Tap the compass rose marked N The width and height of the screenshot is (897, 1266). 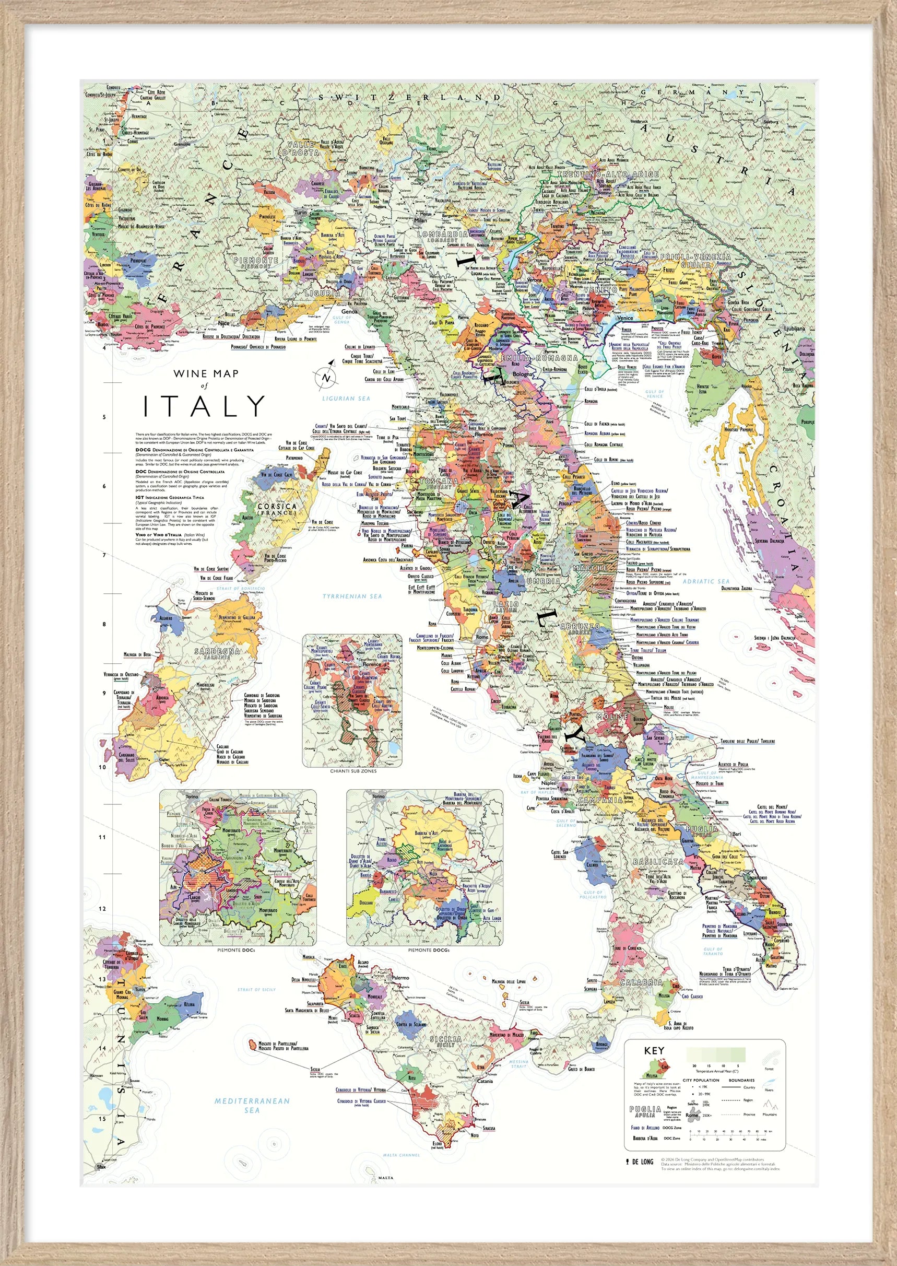(x=325, y=378)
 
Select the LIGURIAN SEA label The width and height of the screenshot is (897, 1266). (x=346, y=398)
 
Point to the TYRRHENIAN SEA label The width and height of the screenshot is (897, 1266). (x=352, y=596)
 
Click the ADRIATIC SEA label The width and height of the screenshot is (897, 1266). (x=706, y=581)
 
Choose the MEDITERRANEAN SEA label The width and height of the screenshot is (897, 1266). (x=252, y=1105)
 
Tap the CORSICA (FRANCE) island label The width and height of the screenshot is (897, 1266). (x=277, y=509)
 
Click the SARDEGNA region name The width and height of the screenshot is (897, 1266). (x=217, y=653)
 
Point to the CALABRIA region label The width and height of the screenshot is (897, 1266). (x=641, y=982)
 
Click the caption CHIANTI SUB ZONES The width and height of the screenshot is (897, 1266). (x=353, y=771)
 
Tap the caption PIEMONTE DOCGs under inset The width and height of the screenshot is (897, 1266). (x=429, y=950)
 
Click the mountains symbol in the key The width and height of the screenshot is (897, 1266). (x=770, y=1105)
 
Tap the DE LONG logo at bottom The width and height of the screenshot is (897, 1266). (x=640, y=1161)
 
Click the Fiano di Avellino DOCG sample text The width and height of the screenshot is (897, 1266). (x=646, y=1128)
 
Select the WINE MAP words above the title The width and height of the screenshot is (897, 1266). (x=206, y=373)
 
